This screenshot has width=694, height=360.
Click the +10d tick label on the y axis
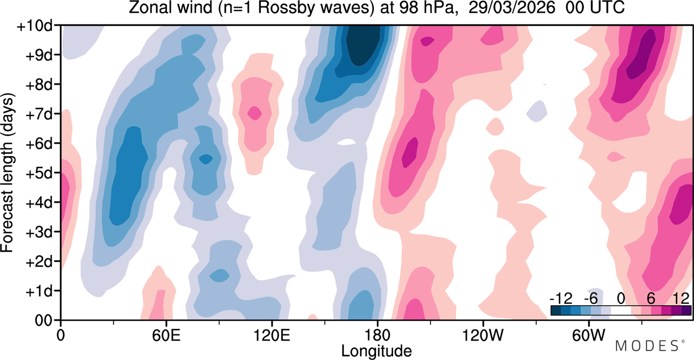[x=34, y=27]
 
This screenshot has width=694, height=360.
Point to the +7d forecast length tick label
[x=38, y=114]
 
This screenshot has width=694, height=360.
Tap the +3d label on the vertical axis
[x=38, y=233]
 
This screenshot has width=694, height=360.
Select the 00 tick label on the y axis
[x=43, y=320]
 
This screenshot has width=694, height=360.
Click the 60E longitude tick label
[x=166, y=335]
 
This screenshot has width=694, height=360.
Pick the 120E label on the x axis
[x=272, y=335]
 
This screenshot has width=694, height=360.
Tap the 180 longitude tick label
[x=377, y=335]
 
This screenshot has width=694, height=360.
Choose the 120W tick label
[x=483, y=335]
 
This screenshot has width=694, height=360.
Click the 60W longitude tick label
[x=589, y=335]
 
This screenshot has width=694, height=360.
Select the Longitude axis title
[x=376, y=351]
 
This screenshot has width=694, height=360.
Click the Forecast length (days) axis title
[x=8, y=172]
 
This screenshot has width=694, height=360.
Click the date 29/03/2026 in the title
[x=511, y=8]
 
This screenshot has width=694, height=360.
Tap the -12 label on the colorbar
[x=561, y=299]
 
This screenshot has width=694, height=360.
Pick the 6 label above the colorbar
[x=651, y=299]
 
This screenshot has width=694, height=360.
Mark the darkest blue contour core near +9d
[x=363, y=43]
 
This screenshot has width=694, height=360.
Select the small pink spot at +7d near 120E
[x=255, y=113]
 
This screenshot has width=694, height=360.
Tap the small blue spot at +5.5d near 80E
[x=205, y=159]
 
